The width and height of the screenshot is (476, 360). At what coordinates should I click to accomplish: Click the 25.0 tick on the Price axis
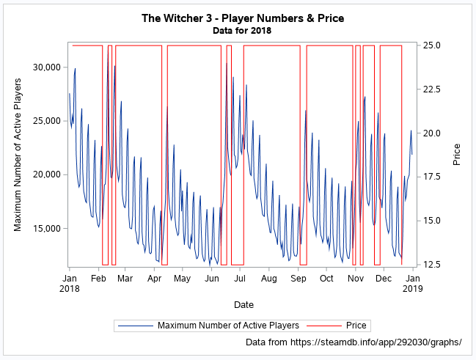432,45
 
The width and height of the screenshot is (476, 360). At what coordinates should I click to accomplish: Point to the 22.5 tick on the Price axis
432,89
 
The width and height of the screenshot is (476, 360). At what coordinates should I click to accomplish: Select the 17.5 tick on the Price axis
432,177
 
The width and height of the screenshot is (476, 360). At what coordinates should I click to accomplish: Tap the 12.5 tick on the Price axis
432,265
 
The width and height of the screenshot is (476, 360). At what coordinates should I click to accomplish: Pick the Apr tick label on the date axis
154,279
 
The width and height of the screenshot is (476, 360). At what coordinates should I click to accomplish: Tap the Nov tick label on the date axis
356,279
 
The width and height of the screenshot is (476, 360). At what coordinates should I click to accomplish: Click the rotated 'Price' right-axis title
457,154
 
